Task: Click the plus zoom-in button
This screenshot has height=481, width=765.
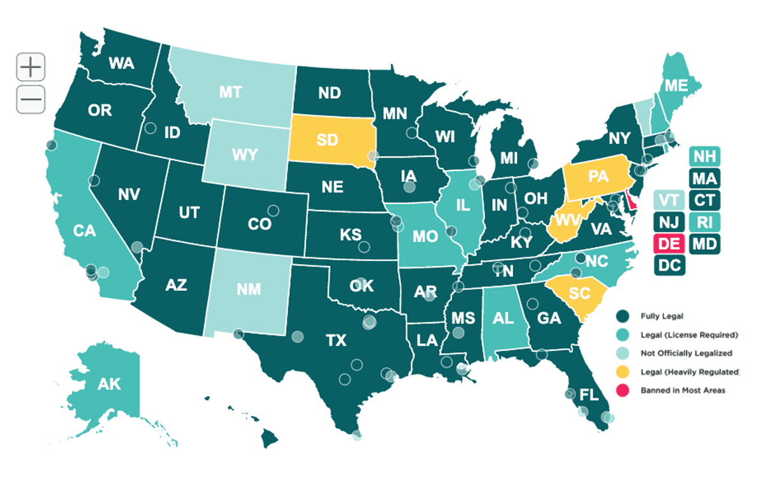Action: pyautogui.click(x=31, y=67)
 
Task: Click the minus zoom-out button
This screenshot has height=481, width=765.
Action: pyautogui.click(x=31, y=99)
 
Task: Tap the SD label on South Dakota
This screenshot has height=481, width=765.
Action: pyautogui.click(x=326, y=140)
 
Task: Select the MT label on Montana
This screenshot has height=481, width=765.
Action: pyautogui.click(x=229, y=93)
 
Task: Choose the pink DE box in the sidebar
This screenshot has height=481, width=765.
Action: pyautogui.click(x=669, y=243)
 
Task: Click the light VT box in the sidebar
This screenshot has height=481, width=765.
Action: pyautogui.click(x=669, y=200)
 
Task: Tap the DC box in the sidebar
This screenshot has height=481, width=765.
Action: pyautogui.click(x=669, y=264)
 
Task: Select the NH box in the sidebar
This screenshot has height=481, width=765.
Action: pyautogui.click(x=704, y=157)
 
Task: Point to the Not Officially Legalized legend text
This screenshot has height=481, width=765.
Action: pyautogui.click(x=686, y=353)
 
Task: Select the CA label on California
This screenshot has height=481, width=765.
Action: pyautogui.click(x=84, y=230)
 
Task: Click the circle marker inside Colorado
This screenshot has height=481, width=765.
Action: pyautogui.click(x=273, y=210)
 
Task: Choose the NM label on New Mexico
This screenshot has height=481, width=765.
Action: pyautogui.click(x=249, y=289)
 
